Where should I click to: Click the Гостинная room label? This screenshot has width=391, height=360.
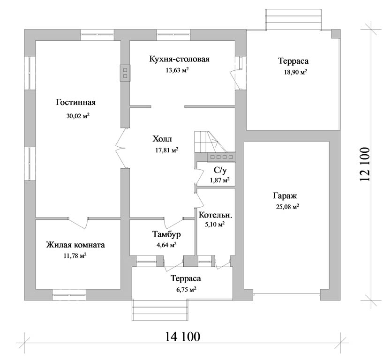[76, 103]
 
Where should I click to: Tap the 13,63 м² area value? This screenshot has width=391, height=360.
[177, 70]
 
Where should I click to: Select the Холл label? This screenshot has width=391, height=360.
[162, 139]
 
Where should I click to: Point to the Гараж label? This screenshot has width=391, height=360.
[285, 196]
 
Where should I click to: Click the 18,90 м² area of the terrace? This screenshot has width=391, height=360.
[295, 72]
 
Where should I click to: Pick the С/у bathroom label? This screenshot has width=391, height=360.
[220, 170]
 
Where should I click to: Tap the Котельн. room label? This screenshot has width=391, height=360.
[216, 215]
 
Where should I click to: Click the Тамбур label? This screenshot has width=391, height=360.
[166, 234]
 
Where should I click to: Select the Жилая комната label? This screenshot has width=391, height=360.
[75, 245]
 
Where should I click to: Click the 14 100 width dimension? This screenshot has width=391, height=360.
[182, 337]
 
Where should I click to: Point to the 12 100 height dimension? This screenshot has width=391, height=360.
[365, 165]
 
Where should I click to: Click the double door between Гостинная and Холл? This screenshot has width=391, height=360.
[121, 148]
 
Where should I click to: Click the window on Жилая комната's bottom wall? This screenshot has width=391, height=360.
[69, 295]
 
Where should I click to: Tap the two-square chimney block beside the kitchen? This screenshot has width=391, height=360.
[125, 73]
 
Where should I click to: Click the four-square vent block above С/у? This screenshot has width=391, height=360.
[221, 157]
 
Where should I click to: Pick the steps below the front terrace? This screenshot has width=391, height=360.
[159, 310]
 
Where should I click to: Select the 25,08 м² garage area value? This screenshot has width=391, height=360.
[288, 207]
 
